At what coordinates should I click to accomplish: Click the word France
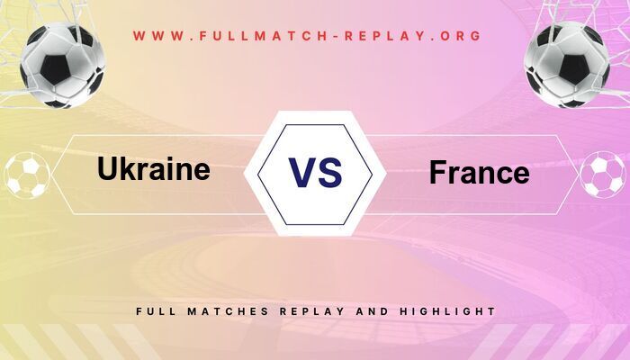479,172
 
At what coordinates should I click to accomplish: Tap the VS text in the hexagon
315,171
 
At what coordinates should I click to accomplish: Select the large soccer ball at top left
63,65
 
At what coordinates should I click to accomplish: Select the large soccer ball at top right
567,65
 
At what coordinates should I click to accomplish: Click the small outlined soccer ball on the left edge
26,175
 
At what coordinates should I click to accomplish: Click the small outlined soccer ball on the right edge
602,175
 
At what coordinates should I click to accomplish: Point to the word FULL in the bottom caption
154,311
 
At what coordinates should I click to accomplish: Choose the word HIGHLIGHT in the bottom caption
445,311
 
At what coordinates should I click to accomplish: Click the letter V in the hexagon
301,171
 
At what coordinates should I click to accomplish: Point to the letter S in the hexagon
330,171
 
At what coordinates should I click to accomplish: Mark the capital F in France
437,172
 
